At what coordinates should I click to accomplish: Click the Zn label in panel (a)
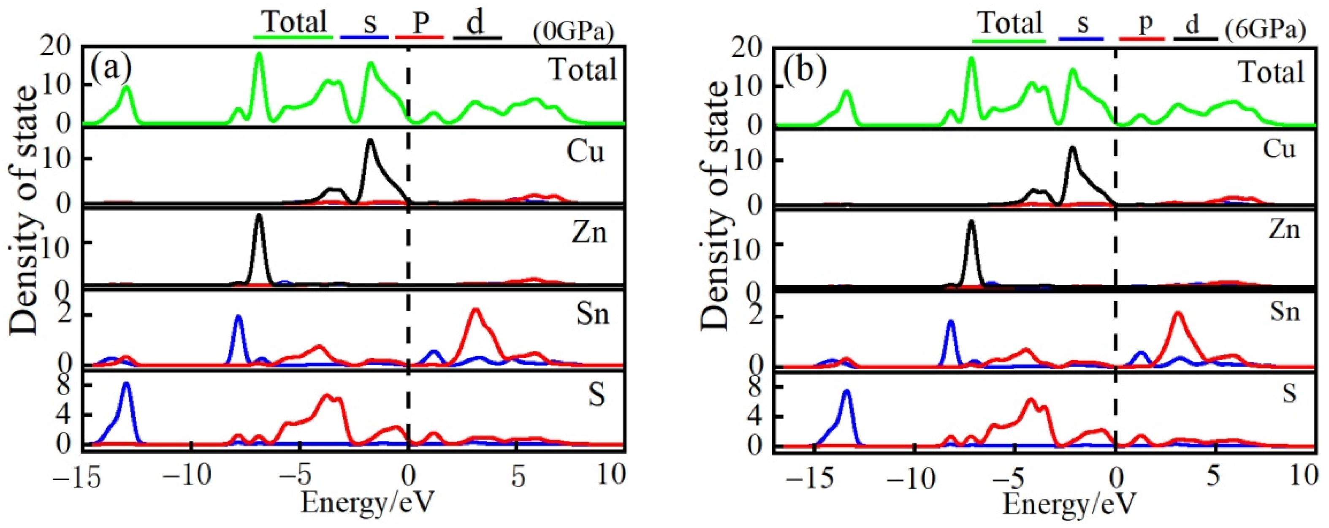589,233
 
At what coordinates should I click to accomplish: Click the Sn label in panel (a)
593,314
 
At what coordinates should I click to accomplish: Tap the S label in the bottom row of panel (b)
1289,394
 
